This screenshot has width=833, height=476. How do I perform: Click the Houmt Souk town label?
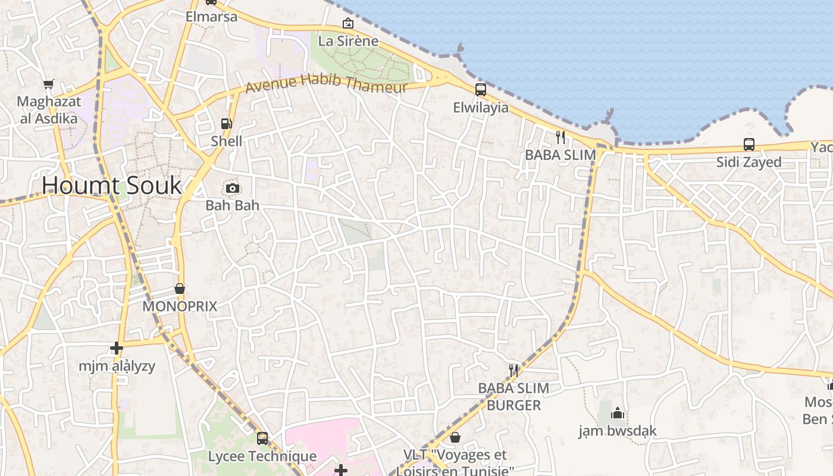coord(111,186)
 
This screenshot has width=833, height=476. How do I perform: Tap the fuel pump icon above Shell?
coord(226,124)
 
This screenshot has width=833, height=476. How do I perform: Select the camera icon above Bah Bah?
coord(232,189)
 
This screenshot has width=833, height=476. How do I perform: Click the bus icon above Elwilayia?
coord(480,90)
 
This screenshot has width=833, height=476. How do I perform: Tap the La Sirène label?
coord(348,41)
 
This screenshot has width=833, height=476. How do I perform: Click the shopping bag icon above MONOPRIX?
coord(179,289)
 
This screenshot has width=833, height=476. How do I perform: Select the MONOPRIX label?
coord(179,306)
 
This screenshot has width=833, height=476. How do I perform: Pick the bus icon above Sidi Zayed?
coord(749,145)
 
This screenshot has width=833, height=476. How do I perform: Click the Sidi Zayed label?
coord(749,162)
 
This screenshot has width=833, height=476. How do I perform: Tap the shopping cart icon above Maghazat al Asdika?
coord(48,84)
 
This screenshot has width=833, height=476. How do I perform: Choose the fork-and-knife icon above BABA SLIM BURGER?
coord(513,371)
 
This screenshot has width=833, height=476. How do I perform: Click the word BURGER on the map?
coord(513,405)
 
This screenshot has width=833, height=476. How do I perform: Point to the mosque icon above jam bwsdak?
coord(618,413)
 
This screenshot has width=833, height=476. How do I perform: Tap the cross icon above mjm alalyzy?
coord(117,348)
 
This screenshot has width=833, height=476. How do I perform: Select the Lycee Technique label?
coord(262,456)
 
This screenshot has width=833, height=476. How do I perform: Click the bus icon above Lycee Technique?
coord(262,439)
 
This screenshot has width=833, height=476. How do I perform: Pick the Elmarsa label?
coord(211,17)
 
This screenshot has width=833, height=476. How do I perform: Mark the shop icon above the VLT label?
coord(455,438)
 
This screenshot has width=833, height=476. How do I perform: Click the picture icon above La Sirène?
coord(347,24)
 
